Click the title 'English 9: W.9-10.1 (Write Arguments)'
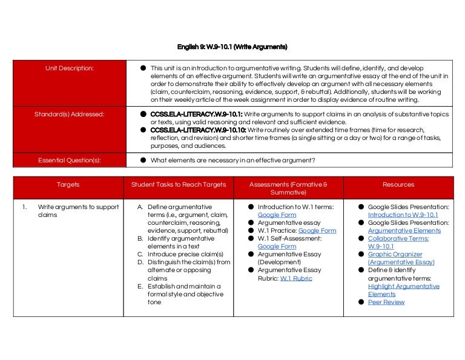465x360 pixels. coord(232,47)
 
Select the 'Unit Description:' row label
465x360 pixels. coord(69,68)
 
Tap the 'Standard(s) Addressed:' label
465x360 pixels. coord(69,113)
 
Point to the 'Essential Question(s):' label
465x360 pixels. coord(69,161)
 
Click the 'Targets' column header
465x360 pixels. coord(68,184)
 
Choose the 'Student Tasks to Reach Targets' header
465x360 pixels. coord(179,184)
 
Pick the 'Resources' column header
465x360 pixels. coord(398,184)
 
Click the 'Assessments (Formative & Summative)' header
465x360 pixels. coord(288,188)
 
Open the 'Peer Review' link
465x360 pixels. coord(386,302)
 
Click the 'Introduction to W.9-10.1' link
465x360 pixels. coord(403,215)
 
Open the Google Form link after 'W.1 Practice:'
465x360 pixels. coord(317,231)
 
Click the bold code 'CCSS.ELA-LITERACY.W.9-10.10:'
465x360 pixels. coord(198,130)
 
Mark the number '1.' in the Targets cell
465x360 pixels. coord(25,207)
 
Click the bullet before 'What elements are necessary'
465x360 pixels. coord(143,161)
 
